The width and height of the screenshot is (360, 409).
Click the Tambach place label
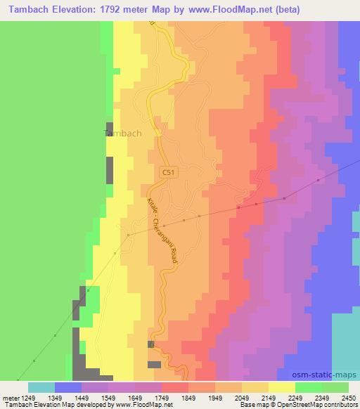[123, 133]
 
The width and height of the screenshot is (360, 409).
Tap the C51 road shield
[168, 171]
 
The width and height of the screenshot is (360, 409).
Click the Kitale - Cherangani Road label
[162, 232]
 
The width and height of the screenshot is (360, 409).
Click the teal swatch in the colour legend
[41, 387]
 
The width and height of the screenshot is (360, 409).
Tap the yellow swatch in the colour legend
[281, 387]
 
